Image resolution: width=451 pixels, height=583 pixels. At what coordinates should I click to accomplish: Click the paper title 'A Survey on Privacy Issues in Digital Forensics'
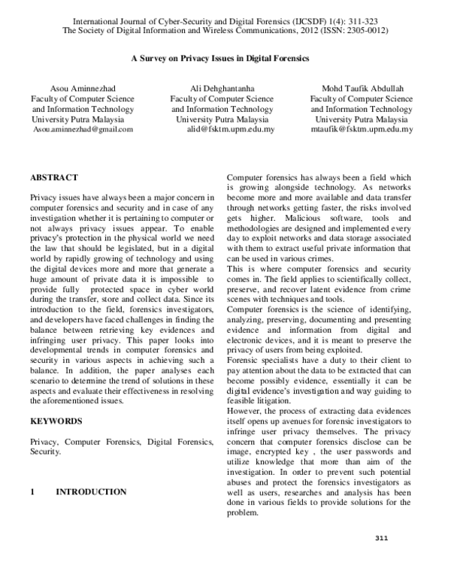point(225,56)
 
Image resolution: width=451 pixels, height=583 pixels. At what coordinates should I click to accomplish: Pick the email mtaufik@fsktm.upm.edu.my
point(362,129)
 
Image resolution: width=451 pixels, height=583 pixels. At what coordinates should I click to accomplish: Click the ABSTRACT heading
point(53,178)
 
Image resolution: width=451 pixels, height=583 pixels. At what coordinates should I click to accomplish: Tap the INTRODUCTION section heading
point(91,492)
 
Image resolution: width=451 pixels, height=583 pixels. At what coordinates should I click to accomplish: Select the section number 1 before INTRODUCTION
point(32,492)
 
